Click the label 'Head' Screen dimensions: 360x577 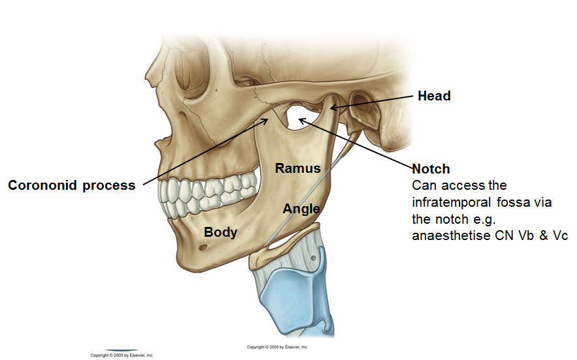[x=434, y=96]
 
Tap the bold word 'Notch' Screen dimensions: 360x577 [x=431, y=169]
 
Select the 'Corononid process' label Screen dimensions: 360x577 [x=72, y=185]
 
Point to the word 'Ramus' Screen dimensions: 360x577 [x=298, y=168]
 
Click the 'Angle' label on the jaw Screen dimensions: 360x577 [x=301, y=209]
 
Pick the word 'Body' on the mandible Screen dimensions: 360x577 [x=220, y=232]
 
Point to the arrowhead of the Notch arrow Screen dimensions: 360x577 [x=301, y=119]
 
